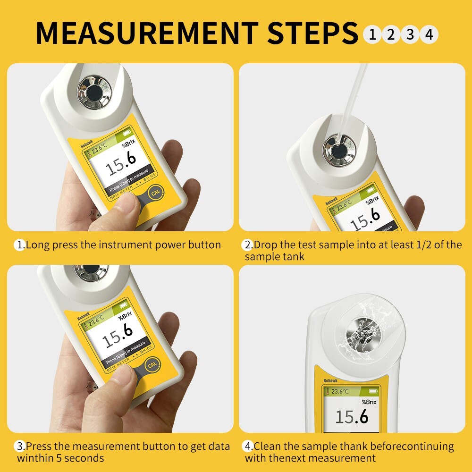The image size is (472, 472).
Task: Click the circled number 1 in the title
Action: pos(372,34)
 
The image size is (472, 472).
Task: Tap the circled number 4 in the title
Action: pos(429,34)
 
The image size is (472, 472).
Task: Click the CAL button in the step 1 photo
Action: pos(155,194)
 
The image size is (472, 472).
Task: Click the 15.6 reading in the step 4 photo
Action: pos(352,417)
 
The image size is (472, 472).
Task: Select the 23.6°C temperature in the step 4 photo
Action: pos(340,391)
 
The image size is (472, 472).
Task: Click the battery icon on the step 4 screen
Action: pos(373,391)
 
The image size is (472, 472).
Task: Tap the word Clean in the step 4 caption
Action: pos(267,446)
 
